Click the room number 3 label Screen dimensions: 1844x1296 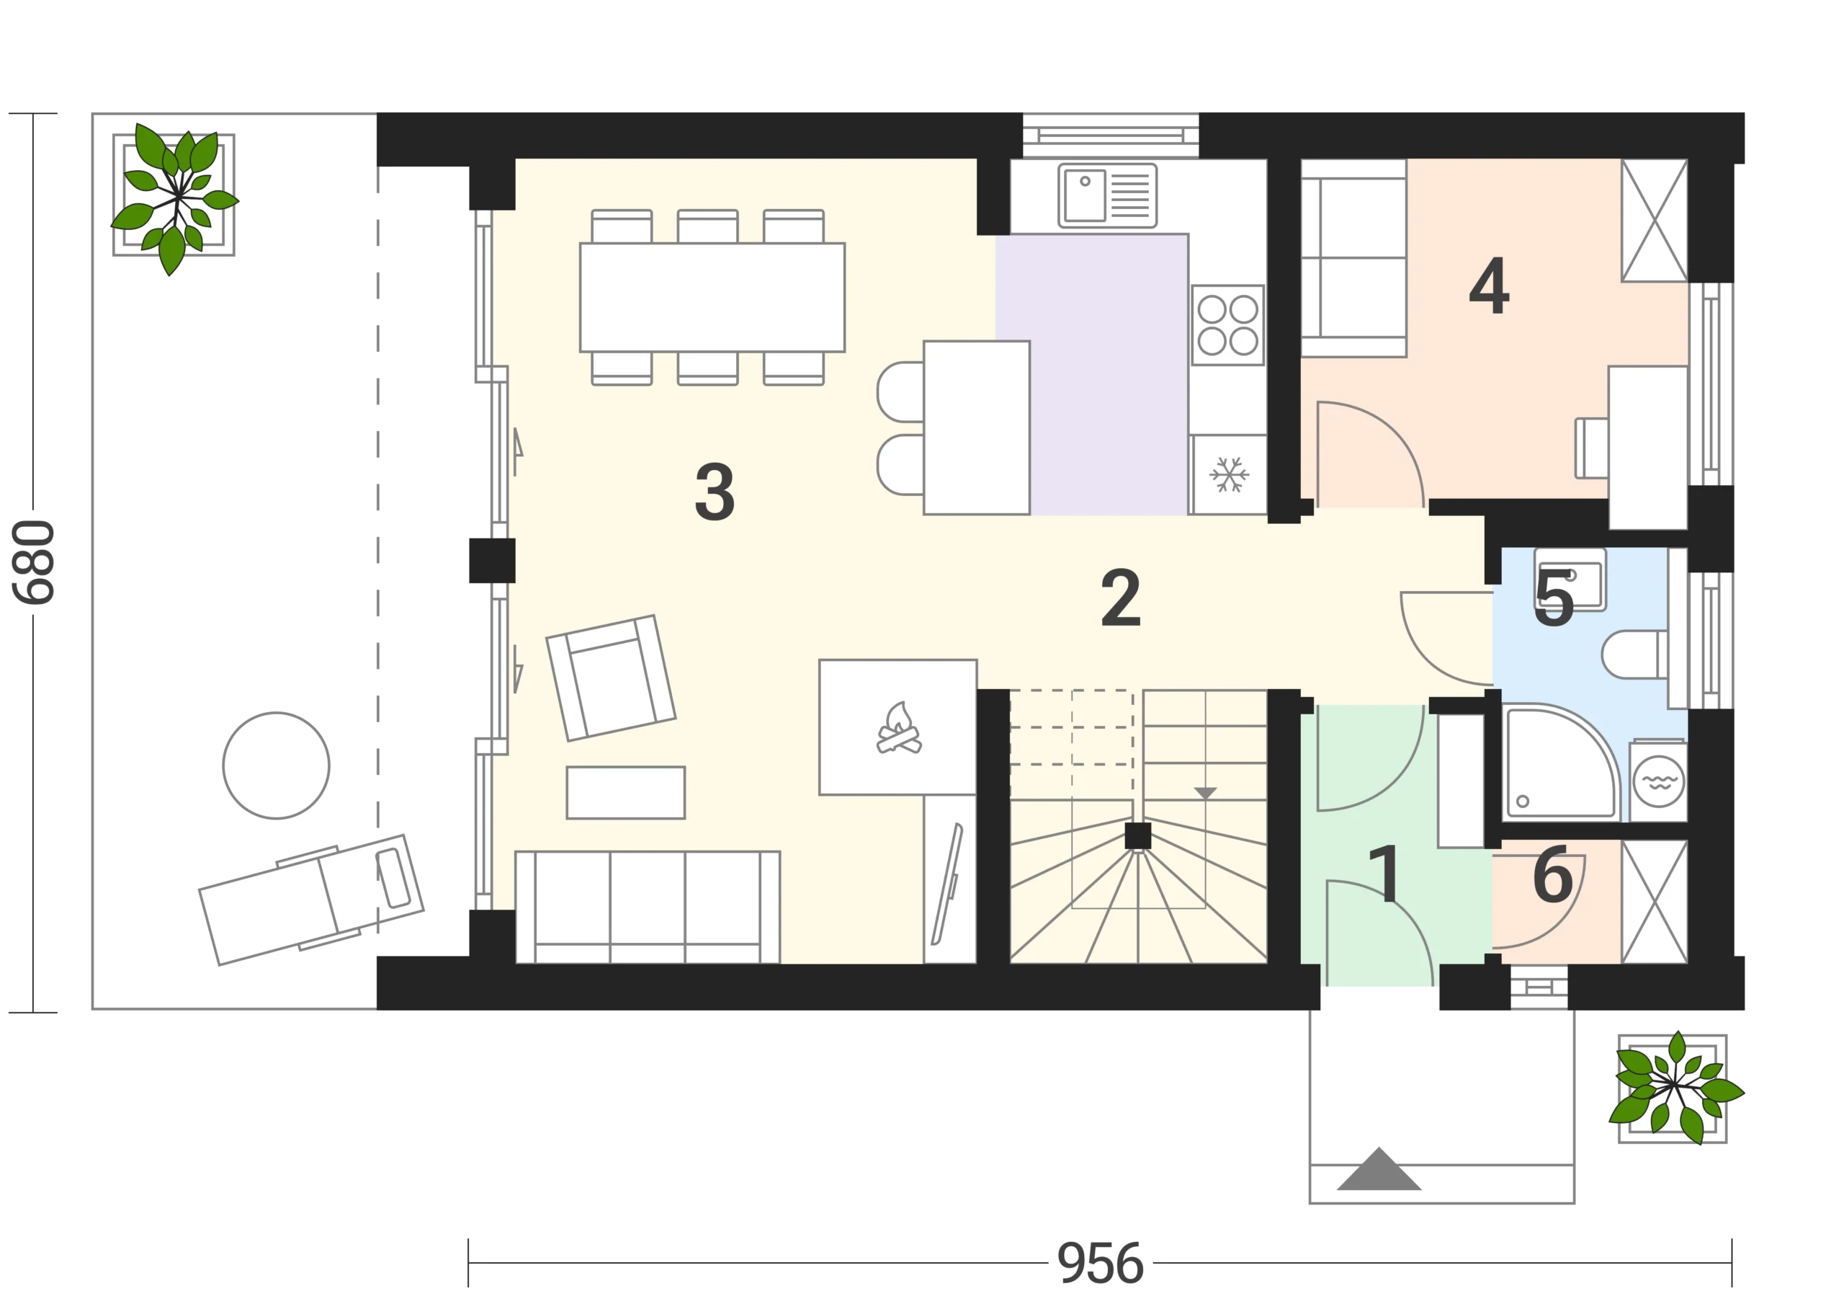click(x=714, y=492)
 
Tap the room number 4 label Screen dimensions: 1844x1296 click(x=1489, y=285)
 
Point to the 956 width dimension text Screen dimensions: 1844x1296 click(x=1101, y=1263)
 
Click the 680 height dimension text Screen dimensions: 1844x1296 click(x=34, y=562)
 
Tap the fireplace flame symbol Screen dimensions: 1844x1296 click(x=899, y=728)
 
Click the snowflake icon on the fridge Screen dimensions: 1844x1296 click(x=1229, y=474)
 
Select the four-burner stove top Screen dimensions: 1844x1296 click(x=1228, y=324)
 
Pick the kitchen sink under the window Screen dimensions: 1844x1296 click(x=1108, y=195)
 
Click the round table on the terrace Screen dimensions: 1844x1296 click(x=277, y=765)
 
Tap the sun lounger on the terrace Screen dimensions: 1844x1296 click(x=312, y=899)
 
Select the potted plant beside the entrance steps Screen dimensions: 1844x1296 click(x=1675, y=1088)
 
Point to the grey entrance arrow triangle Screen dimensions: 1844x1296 click(x=1379, y=1170)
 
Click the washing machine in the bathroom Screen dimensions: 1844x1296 click(x=1658, y=779)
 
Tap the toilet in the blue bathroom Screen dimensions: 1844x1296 click(x=1634, y=654)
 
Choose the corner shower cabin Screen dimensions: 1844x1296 click(x=1559, y=762)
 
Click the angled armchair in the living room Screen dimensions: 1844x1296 click(x=612, y=678)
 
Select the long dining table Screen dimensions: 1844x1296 click(x=712, y=297)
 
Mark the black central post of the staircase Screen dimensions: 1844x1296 click(x=1138, y=836)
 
